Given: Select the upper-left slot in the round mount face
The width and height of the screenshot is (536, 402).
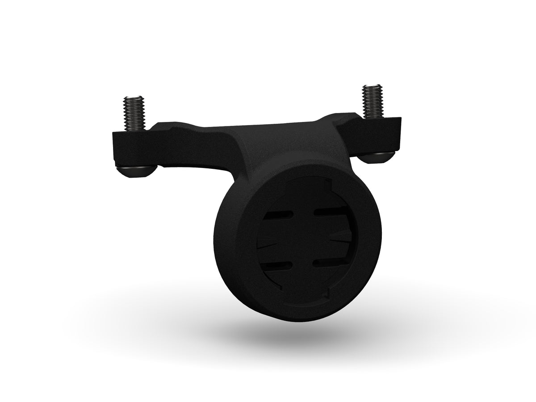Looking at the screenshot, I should [x=276, y=216].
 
